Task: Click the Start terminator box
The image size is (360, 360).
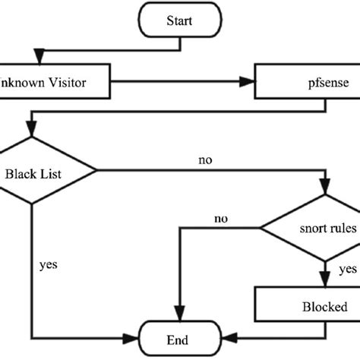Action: click(179, 20)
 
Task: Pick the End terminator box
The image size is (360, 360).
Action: click(179, 340)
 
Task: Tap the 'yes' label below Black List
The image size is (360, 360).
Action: click(49, 266)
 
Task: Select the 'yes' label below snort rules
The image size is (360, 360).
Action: click(347, 268)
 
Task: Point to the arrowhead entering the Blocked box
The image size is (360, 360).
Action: click(327, 282)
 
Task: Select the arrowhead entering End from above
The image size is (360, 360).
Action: click(179, 318)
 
